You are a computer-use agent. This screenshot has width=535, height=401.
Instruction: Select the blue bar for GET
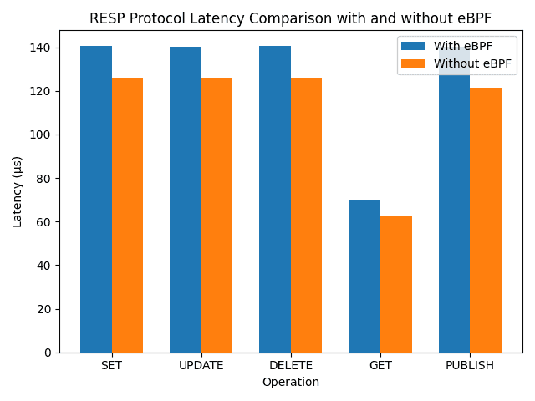(x=364, y=277)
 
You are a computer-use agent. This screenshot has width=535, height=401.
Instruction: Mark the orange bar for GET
(x=396, y=284)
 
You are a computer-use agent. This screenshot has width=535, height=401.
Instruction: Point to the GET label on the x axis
(x=380, y=366)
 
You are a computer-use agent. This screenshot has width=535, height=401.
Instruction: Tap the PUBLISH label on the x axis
(x=470, y=366)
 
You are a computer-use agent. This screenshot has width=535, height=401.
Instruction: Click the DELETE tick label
(x=291, y=366)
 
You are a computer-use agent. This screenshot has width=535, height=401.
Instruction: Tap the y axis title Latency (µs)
(x=18, y=191)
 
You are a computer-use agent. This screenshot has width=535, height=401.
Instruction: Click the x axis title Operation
(x=291, y=383)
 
